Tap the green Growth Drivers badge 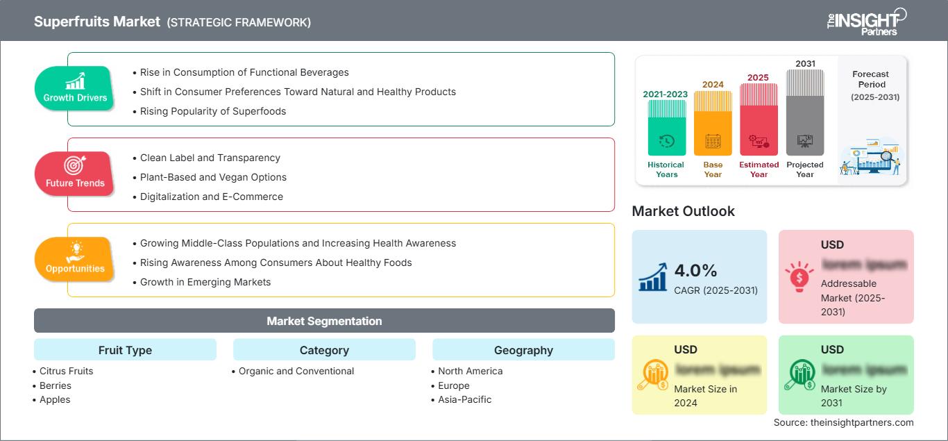click(x=75, y=88)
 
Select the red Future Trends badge click(x=75, y=174)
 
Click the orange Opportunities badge click(x=75, y=259)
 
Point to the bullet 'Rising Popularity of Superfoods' click(x=212, y=111)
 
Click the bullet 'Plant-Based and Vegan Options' click(x=213, y=177)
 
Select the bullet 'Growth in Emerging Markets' click(x=205, y=282)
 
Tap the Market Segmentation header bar click(x=324, y=321)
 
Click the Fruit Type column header click(x=125, y=350)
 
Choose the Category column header click(x=324, y=350)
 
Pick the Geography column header click(x=523, y=350)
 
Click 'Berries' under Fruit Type click(x=55, y=385)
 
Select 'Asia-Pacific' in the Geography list click(x=464, y=399)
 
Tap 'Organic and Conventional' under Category click(x=296, y=371)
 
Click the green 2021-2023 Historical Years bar click(x=666, y=128)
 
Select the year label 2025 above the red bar click(x=758, y=77)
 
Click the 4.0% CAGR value click(x=695, y=270)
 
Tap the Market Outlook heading click(x=683, y=211)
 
